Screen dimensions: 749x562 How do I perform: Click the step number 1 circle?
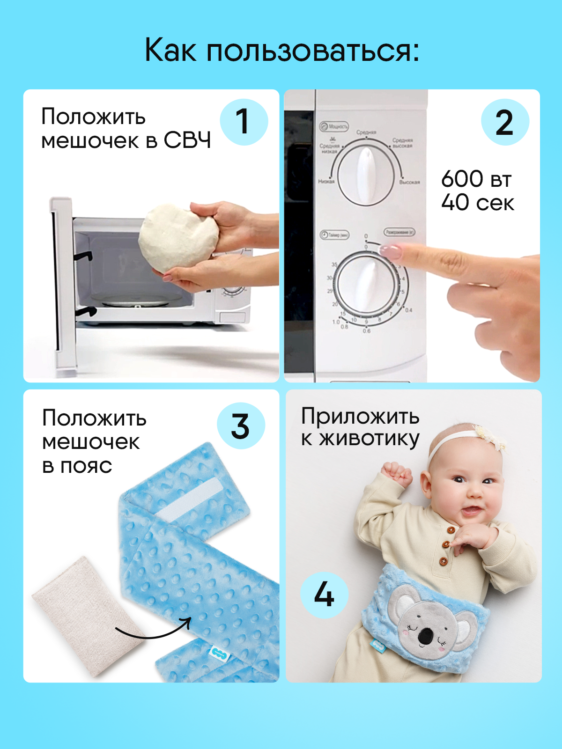coord(244,122)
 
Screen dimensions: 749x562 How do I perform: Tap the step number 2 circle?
coord(505,122)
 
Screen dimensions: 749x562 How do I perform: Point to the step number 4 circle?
coord(324,595)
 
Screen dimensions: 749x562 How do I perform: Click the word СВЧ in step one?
coord(187,140)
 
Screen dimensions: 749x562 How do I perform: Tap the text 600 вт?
coord(476,179)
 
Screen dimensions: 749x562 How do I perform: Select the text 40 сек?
coord(478,203)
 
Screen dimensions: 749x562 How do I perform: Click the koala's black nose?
coord(425,636)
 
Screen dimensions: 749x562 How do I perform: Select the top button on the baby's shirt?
coord(451,530)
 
